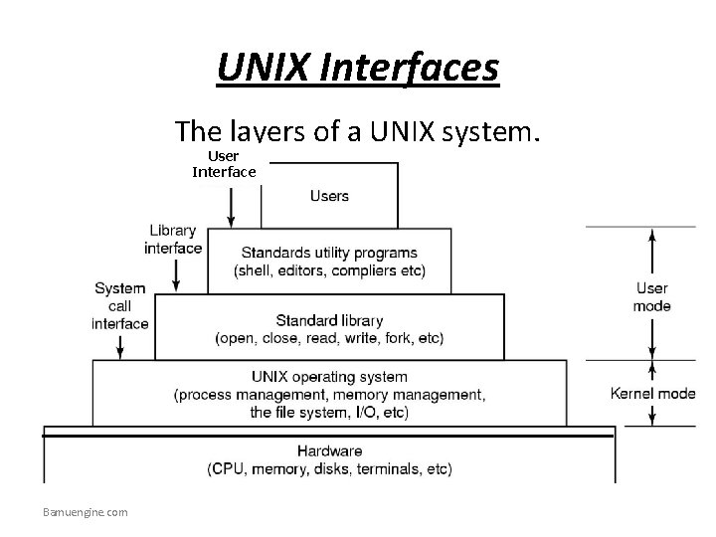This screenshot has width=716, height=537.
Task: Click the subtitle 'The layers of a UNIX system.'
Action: click(x=358, y=131)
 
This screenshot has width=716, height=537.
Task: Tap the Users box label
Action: click(x=329, y=196)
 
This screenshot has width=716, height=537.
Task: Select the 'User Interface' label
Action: click(x=224, y=165)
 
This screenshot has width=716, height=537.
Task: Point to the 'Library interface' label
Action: click(x=174, y=240)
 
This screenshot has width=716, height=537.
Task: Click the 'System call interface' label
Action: click(x=120, y=305)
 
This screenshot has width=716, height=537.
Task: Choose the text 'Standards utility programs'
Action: click(x=329, y=253)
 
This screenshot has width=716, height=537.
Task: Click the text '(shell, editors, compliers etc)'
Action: click(x=329, y=271)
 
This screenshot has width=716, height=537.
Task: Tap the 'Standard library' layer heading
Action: click(x=329, y=320)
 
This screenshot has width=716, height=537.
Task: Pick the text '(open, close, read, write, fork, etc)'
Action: click(x=329, y=338)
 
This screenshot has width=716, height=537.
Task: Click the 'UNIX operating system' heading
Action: click(x=329, y=377)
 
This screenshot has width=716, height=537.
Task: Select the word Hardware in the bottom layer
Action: click(x=329, y=450)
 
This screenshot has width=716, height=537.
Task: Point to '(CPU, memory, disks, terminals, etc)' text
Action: click(x=329, y=468)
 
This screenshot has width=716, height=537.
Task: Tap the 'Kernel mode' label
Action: click(x=652, y=394)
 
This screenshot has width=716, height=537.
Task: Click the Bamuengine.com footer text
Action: click(x=86, y=512)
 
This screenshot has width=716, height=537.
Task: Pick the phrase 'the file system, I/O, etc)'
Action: click(x=329, y=412)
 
